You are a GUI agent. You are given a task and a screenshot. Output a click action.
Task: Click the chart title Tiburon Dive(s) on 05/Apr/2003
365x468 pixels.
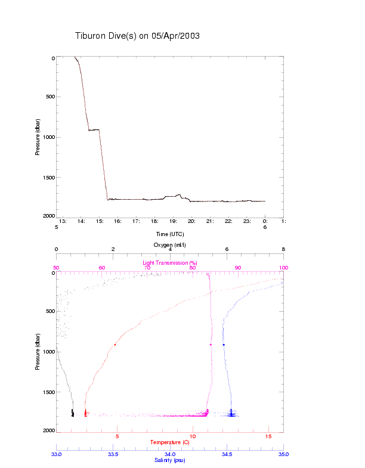[137, 36]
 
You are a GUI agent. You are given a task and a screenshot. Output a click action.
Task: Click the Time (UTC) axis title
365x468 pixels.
[170, 234]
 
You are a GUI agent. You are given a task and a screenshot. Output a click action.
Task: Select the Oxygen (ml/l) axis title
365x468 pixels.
[170, 245]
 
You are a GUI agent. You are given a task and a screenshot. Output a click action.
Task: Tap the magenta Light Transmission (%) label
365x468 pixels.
[170, 263]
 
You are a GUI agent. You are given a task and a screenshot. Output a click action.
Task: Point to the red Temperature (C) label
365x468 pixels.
[170, 442]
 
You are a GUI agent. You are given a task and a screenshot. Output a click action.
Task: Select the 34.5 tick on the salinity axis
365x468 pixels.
[227, 454]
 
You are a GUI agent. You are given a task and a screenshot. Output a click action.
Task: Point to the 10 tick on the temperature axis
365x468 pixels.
[193, 436]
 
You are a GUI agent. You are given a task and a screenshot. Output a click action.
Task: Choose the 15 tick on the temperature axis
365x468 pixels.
[268, 436]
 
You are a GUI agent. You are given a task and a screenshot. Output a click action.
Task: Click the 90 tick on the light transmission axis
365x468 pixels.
[238, 268]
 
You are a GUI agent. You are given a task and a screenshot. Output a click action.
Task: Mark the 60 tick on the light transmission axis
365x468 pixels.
[102, 268]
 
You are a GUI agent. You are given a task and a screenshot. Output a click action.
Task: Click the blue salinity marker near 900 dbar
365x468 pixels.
[224, 345]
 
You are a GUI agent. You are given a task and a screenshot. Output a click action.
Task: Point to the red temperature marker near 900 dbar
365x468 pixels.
[115, 345]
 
